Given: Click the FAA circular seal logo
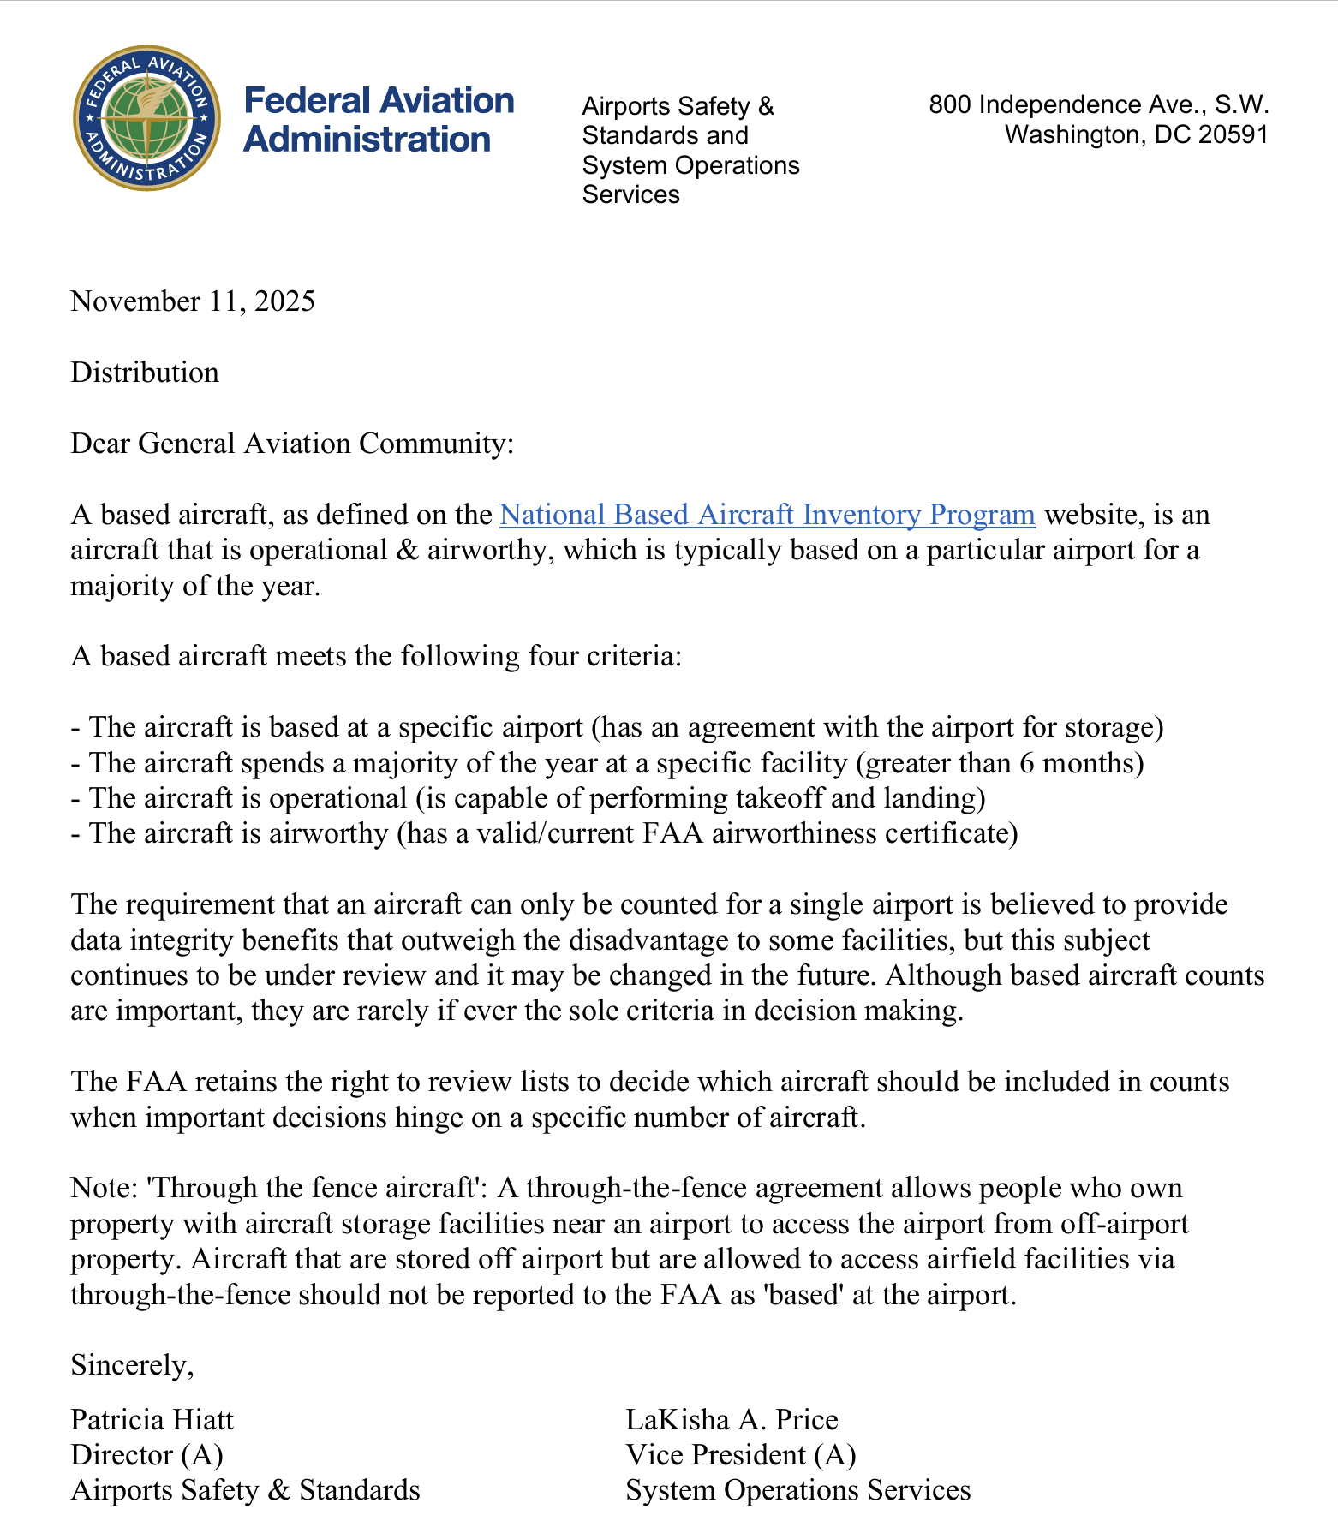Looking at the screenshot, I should click(x=146, y=118).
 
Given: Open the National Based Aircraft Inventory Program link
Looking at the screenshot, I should click(x=767, y=515).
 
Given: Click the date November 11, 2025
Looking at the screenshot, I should click(x=193, y=301).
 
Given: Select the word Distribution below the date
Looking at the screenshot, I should click(x=145, y=373).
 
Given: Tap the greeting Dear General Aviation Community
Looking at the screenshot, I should click(x=291, y=444).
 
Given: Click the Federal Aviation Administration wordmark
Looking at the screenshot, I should click(x=378, y=119).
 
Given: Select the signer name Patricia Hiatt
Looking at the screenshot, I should click(x=152, y=1420).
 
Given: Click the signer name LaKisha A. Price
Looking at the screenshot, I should click(x=732, y=1420).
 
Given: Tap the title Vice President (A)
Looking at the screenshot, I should click(x=740, y=1455).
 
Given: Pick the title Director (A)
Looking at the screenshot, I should click(x=146, y=1455).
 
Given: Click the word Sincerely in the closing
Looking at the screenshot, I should click(x=131, y=1365).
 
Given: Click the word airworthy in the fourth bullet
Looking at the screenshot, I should click(x=329, y=833).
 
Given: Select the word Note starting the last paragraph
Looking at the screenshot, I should click(x=99, y=1189).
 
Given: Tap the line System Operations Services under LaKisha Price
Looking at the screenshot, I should click(x=797, y=1490).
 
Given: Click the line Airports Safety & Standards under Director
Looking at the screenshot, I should click(x=245, y=1490).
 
